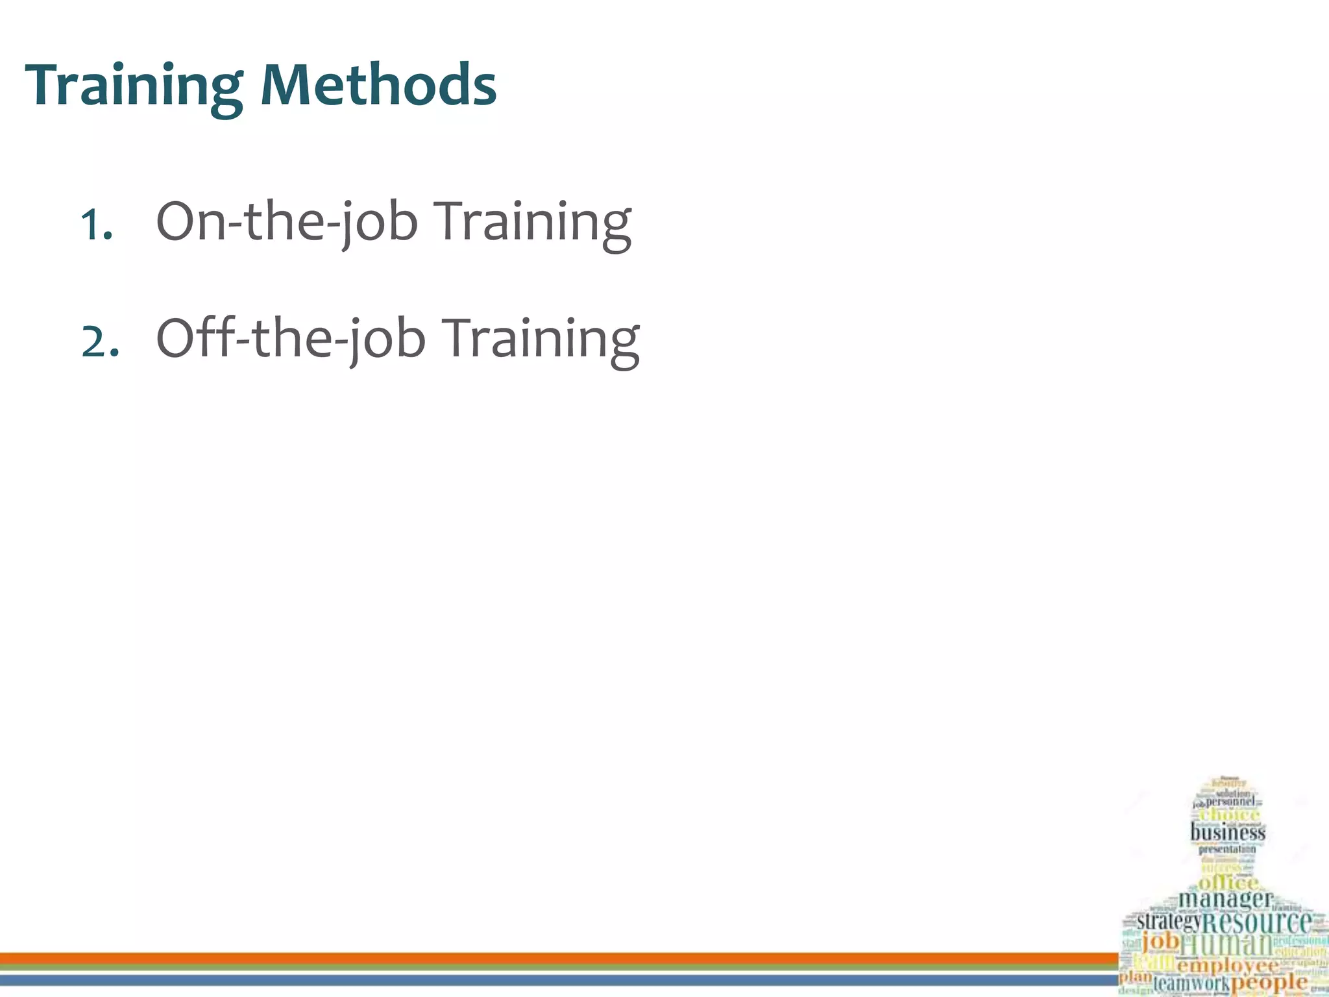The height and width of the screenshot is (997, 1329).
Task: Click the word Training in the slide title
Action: point(134,86)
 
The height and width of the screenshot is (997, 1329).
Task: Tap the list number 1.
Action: point(96,226)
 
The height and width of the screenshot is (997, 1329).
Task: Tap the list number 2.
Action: point(99,343)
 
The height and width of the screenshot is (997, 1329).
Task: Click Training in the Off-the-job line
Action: point(543,339)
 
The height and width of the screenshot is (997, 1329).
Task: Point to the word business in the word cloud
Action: point(1227,831)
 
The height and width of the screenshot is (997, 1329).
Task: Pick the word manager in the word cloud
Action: point(1225,899)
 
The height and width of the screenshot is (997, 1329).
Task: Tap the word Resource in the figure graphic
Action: point(1257,922)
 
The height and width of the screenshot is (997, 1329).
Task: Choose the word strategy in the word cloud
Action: point(1169,920)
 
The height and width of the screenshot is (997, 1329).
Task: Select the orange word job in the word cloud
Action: point(1160,941)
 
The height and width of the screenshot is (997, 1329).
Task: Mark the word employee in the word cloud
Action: point(1226,966)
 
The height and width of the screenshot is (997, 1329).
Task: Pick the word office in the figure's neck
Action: point(1228,883)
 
